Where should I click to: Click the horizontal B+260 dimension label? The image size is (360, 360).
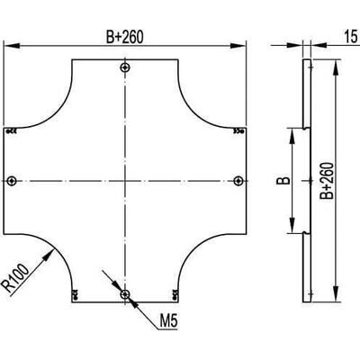click(125, 37)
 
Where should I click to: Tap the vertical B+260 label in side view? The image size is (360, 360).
click(327, 181)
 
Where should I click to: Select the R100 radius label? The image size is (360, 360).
click(16, 279)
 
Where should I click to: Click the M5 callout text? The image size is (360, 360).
click(168, 321)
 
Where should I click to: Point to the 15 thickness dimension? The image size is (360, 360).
click(350, 37)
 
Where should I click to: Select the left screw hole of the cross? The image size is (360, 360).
click(12, 181)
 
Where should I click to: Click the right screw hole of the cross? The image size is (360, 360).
click(238, 181)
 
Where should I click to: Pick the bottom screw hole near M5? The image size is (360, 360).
click(125, 294)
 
